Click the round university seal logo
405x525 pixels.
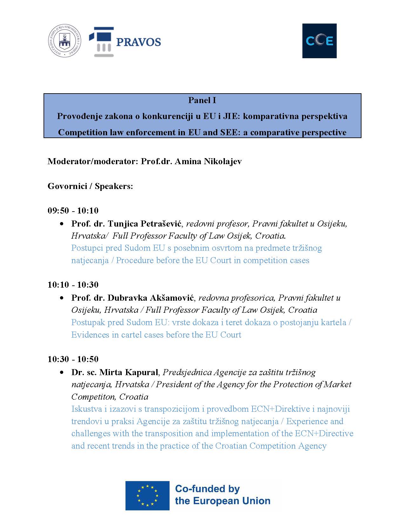[64, 41]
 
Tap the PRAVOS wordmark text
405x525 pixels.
[138, 42]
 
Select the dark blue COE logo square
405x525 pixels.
[319, 41]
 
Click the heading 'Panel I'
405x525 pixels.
[202, 100]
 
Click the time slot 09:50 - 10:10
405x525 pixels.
[73, 211]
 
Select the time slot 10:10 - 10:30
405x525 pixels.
[73, 285]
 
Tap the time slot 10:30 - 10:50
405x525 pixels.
[73, 359]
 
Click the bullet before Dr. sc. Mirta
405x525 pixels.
[62, 373]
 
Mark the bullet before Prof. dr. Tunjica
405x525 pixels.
[62, 224]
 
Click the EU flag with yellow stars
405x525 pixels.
[147, 495]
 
